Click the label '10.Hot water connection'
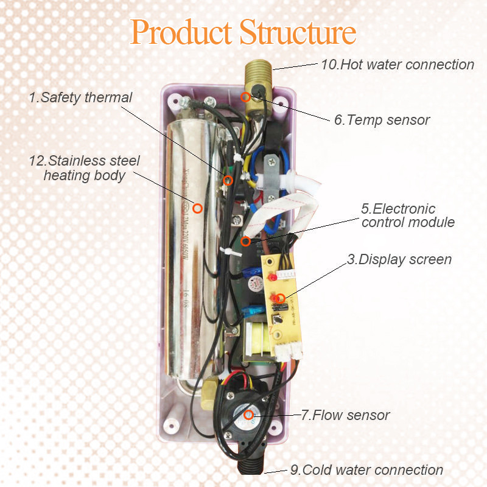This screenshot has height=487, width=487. [397, 65]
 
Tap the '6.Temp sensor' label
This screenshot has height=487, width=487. [381, 120]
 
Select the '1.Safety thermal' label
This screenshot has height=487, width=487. [80, 97]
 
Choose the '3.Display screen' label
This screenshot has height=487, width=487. [399, 259]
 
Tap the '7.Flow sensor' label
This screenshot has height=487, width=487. [345, 415]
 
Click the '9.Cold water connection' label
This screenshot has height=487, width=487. [366, 470]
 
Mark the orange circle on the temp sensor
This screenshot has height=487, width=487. [245, 96]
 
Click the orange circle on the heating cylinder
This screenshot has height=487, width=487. [197, 208]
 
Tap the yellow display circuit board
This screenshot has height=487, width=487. [281, 304]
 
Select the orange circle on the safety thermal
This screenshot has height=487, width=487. [228, 180]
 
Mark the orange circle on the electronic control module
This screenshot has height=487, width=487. [245, 241]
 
